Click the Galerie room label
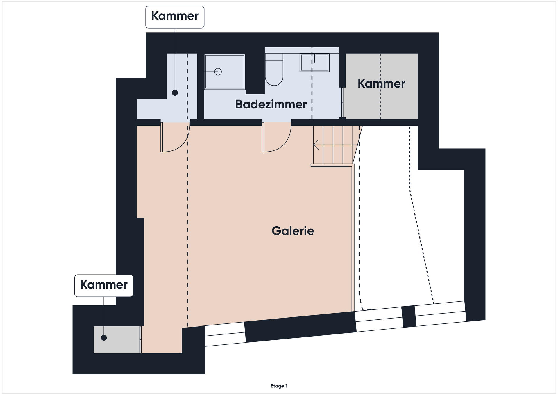[293, 231]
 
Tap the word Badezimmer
[271, 104]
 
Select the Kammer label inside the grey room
[381, 84]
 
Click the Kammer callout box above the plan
[175, 17]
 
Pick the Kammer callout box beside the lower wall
[104, 286]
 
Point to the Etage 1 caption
[279, 386]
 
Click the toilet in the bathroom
[274, 69]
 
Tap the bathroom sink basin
[314, 63]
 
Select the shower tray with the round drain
[225, 72]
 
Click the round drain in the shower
[218, 72]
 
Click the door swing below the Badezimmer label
[277, 137]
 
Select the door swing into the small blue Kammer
[175, 137]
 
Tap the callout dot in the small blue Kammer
[175, 93]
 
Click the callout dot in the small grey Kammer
[104, 338]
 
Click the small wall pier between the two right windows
[409, 316]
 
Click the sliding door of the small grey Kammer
[141, 340]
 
